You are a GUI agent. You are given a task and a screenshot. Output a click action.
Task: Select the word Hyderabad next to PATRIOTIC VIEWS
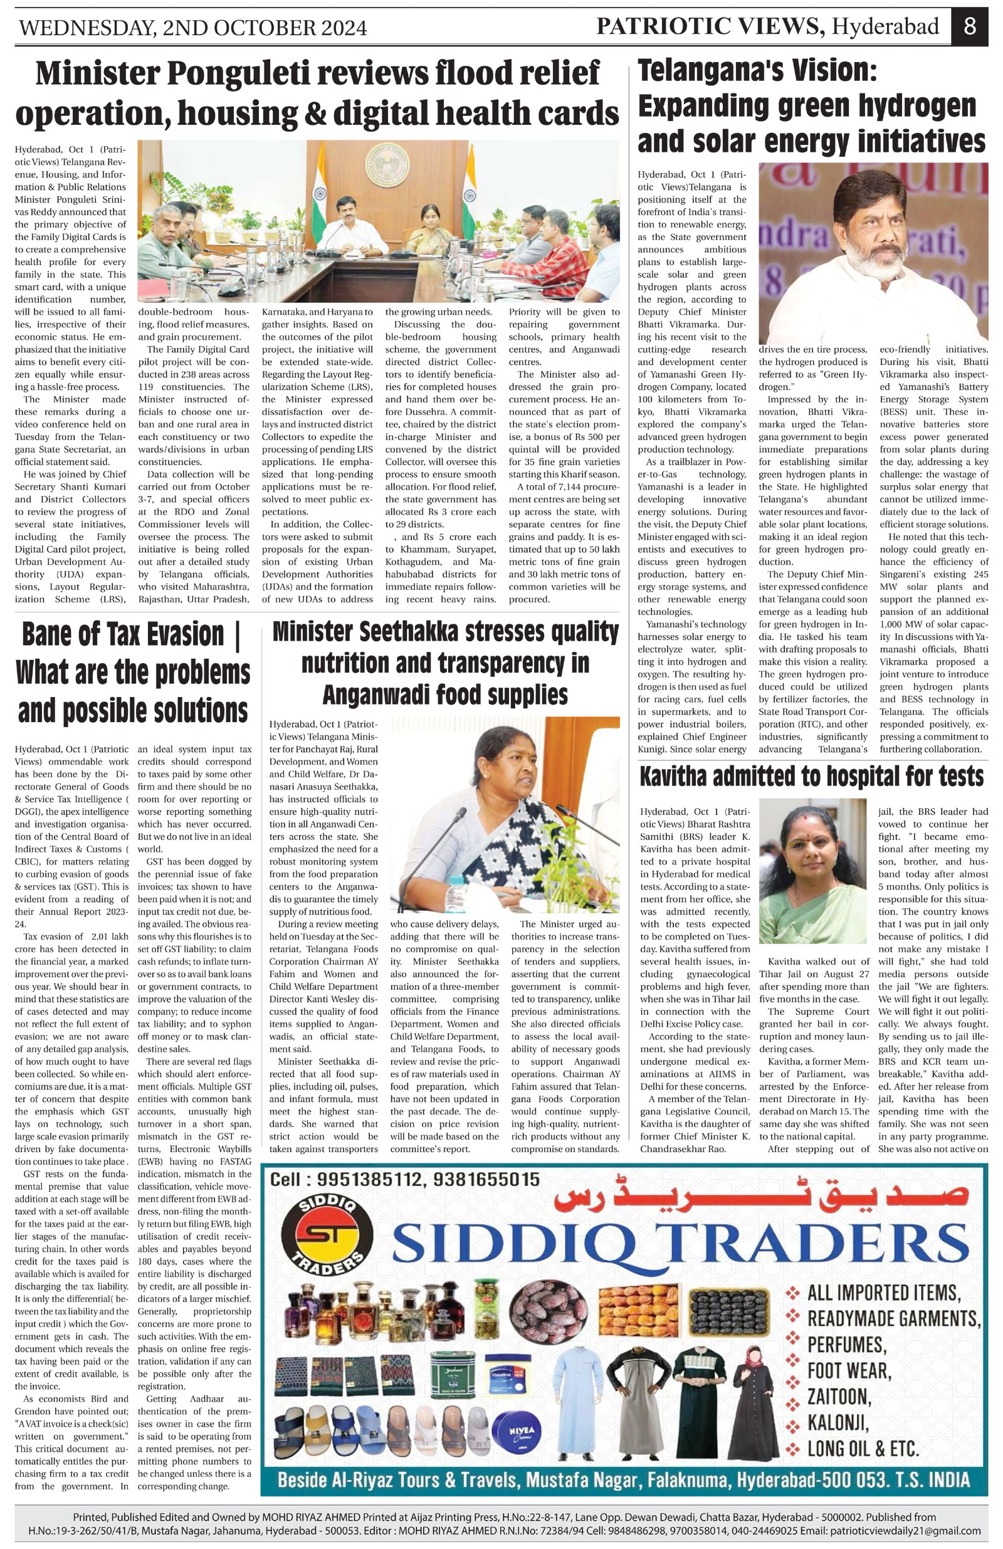tap(886, 28)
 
